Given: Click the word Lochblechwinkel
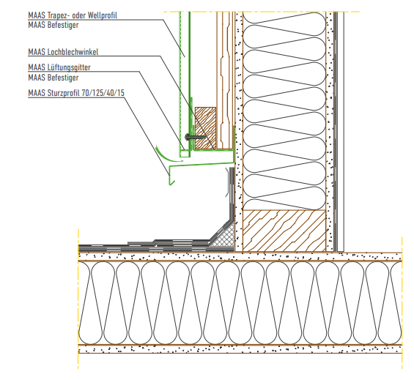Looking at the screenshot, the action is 73,52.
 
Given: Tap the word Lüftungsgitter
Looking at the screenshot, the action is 69,67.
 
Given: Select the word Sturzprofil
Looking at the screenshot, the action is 64,93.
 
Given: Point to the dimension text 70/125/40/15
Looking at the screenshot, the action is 103,93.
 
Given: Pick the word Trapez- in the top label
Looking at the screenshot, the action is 59,15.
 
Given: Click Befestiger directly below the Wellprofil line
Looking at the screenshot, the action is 63,25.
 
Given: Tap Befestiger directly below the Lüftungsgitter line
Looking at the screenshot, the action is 63,78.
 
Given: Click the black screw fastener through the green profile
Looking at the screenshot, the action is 195,137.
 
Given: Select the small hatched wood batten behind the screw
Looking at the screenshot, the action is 205,128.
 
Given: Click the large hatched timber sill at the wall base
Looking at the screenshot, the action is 284,231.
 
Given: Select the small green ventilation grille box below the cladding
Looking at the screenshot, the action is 185,153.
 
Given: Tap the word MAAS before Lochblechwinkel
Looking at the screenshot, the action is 37,52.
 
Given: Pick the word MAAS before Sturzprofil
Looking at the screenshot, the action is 37,93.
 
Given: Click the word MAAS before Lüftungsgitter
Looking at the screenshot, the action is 37,67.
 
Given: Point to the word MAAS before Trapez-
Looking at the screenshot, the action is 37,15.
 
